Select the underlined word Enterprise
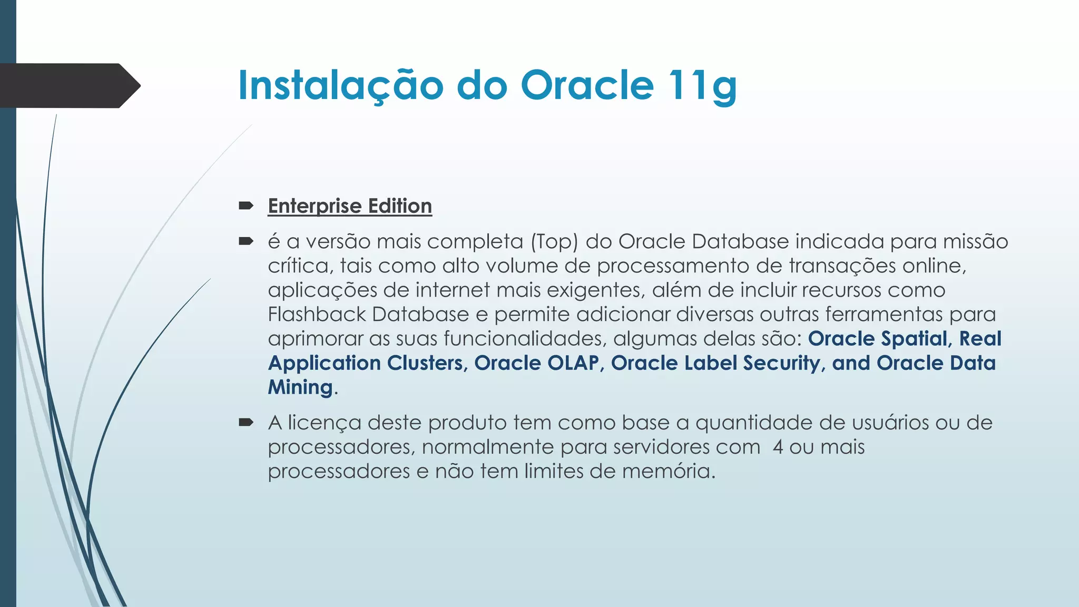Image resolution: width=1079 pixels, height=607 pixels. pos(315,206)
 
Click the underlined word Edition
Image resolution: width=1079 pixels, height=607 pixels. pos(400,206)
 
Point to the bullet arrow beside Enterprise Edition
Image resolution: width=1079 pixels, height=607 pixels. pos(246,205)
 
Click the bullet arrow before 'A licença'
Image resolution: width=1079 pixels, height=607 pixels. pos(246,422)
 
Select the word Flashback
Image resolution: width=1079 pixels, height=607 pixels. pos(317,315)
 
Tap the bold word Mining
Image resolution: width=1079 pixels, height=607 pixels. pos(300,387)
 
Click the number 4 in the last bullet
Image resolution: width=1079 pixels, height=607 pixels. pos(778,447)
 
